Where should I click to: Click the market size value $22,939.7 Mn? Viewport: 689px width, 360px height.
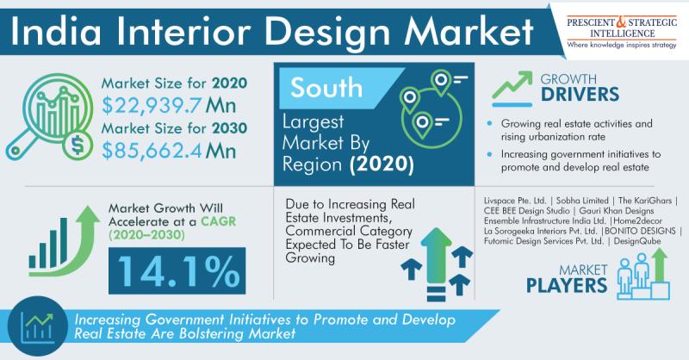pos(169,105)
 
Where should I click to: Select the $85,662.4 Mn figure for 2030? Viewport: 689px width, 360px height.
pos(169,151)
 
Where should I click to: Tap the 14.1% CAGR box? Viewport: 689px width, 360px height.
pos(177,270)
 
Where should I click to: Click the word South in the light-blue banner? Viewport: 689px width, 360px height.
pos(326,87)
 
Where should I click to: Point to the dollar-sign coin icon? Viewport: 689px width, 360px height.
pos(78,146)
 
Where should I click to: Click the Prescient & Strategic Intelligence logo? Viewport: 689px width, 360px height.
pos(622,33)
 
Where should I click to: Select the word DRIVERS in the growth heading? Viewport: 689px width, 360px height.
pos(580,95)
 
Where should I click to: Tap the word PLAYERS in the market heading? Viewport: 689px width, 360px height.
pos(567,286)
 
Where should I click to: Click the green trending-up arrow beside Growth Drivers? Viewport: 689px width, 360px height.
pos(512,85)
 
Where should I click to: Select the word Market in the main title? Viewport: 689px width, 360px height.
pos(469,32)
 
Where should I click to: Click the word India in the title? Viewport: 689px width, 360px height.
pos(55,32)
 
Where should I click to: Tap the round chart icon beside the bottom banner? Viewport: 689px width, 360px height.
pos(38,326)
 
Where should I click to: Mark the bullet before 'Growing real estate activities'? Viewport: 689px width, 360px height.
pos(490,124)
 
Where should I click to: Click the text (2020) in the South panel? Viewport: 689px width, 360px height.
pos(382,164)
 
